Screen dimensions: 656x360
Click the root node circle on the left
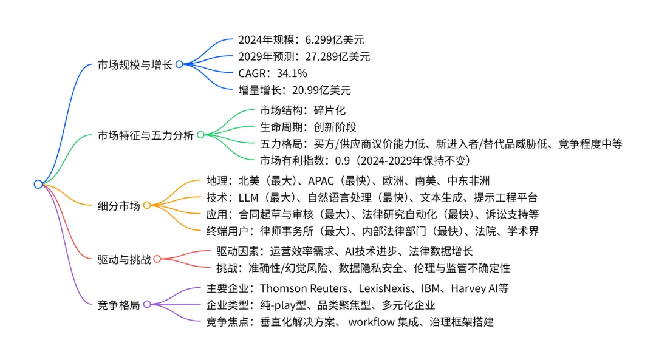(38, 184)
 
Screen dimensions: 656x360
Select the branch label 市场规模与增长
(135, 64)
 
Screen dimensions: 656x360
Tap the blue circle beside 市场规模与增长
(179, 64)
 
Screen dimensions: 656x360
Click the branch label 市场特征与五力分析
(146, 135)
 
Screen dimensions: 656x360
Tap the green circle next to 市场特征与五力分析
(201, 135)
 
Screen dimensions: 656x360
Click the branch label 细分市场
(119, 206)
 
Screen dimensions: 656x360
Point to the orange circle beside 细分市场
(147, 206)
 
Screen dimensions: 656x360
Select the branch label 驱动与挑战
(124, 259)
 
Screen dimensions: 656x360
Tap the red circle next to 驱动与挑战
(157, 259)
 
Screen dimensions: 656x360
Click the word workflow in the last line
(370, 322)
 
